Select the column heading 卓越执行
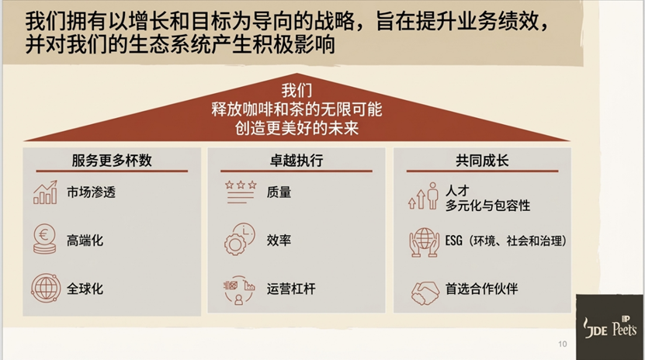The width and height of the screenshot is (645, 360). pyautogui.click(x=290, y=161)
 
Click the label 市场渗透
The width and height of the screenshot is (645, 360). pyautogui.click(x=91, y=192)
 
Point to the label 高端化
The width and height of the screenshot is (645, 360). pyautogui.click(x=85, y=241)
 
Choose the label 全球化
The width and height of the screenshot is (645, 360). pyautogui.click(x=85, y=289)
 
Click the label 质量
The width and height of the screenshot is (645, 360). pyautogui.click(x=279, y=192)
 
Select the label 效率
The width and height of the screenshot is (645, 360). pyautogui.click(x=279, y=241)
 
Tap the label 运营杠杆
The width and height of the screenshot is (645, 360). pyautogui.click(x=291, y=289)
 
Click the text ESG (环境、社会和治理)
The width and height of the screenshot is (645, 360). pyautogui.click(x=506, y=241)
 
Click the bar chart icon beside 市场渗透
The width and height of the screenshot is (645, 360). pyautogui.click(x=46, y=192)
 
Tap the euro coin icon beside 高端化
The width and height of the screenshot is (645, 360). pyautogui.click(x=46, y=239)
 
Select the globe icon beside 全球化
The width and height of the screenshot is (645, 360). pyautogui.click(x=46, y=288)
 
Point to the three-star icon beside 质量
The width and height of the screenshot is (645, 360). pyautogui.click(x=240, y=191)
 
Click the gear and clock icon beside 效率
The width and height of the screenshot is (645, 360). pyautogui.click(x=240, y=239)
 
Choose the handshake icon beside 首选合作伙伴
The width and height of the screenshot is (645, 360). pyautogui.click(x=425, y=290)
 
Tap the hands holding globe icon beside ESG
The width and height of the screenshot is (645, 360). pyautogui.click(x=425, y=241)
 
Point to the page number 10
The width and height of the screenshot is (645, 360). pyautogui.click(x=563, y=344)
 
